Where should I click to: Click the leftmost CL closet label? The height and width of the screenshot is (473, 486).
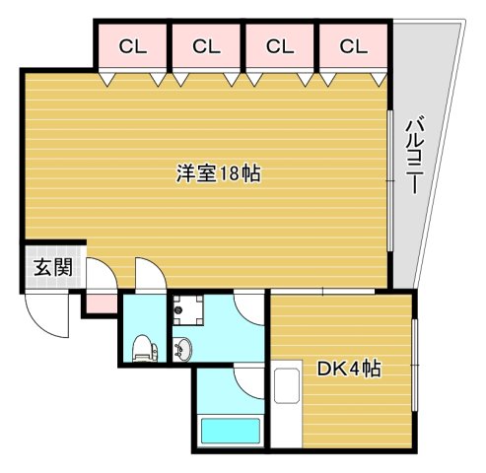tap(129, 45)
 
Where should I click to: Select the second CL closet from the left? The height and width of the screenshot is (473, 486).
tap(204, 45)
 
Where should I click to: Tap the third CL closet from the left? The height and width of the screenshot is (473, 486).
tap(280, 45)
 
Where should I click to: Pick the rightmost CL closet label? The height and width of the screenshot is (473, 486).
tap(353, 45)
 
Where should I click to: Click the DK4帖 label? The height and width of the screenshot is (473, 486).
tap(349, 371)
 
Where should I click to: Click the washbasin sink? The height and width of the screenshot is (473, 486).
tap(184, 348)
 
